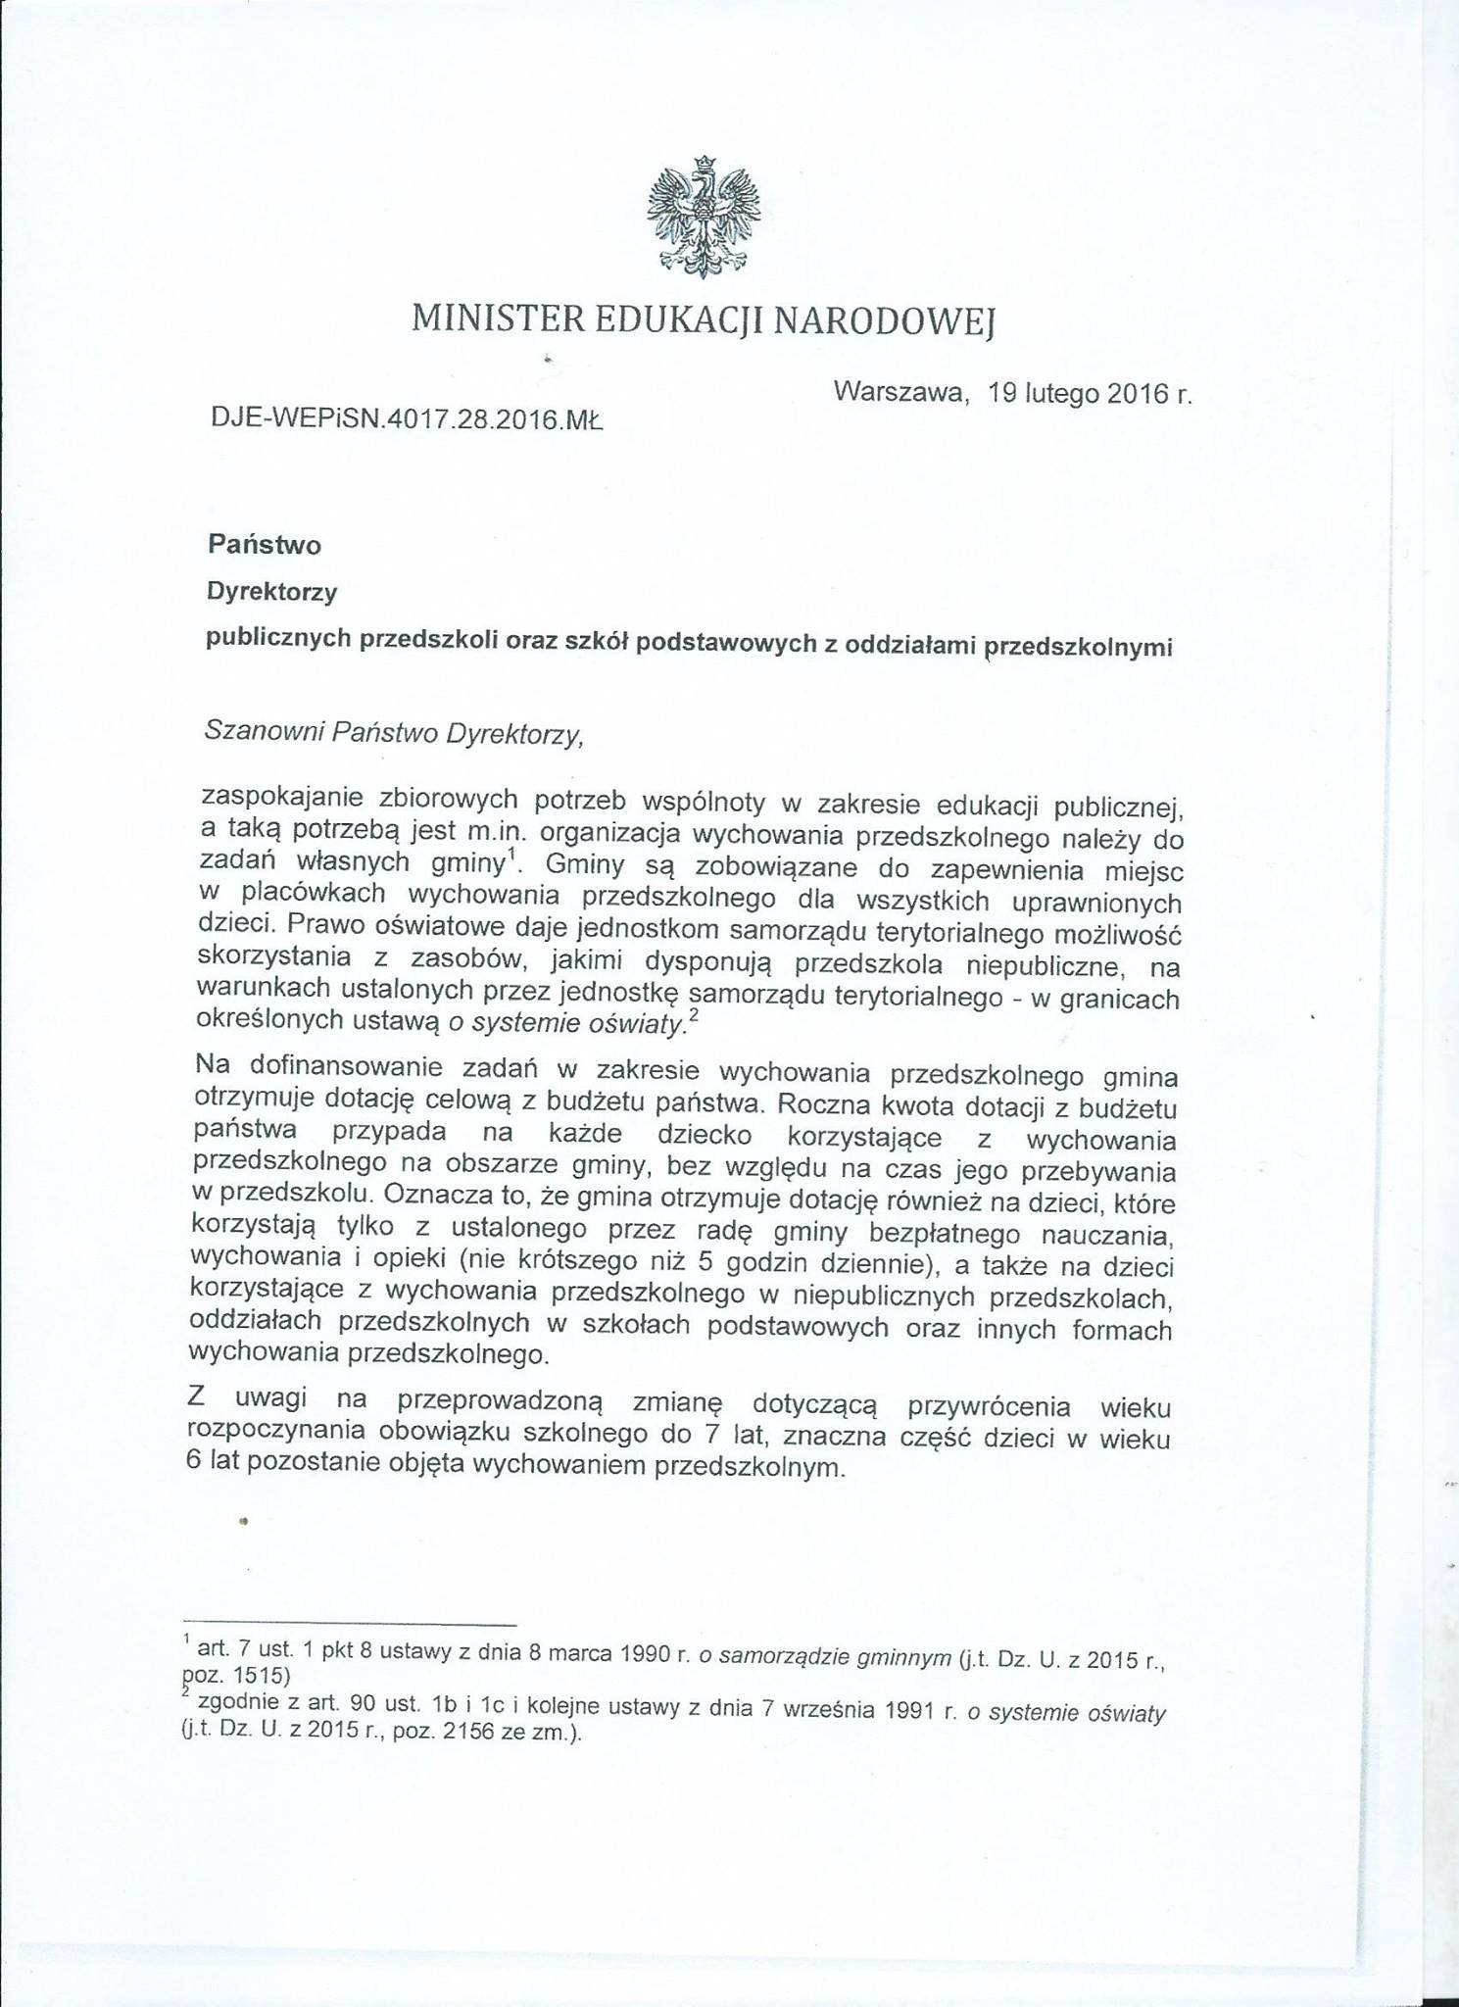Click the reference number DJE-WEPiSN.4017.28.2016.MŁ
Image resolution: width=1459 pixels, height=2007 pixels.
point(407,420)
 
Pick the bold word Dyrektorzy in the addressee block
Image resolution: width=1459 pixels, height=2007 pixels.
point(271,592)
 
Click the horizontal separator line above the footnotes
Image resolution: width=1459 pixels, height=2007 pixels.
point(350,1625)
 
